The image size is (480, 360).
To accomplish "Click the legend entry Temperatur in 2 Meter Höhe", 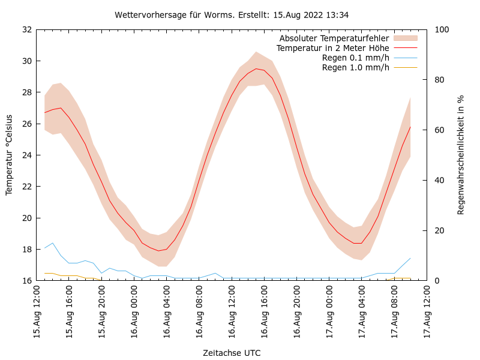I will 333,48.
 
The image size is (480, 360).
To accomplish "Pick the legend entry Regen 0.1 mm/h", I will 356,58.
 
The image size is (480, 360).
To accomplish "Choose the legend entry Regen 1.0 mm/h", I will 356,67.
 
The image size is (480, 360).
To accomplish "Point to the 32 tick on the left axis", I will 26,29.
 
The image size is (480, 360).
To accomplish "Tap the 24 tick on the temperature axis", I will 26,155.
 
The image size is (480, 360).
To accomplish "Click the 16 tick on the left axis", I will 26,280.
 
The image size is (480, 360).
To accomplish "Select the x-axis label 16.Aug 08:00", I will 199,312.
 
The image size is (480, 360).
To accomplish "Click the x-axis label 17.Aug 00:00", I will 329,312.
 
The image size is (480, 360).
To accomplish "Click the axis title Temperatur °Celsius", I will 9,155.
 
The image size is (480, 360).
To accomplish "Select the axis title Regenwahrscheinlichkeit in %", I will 461,155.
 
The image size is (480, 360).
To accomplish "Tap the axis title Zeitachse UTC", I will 232,353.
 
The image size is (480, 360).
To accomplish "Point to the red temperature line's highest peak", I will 256,68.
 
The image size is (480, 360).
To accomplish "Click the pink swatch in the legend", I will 405,38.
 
